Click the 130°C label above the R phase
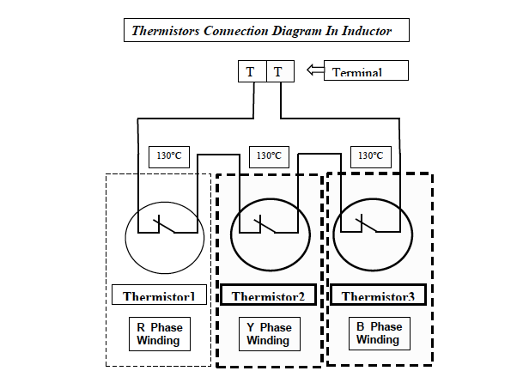coord(168,155)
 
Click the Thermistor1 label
coord(161,296)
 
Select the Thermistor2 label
coord(269,296)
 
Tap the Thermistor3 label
coord(377,296)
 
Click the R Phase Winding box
coord(160,333)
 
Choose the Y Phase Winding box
coord(268,333)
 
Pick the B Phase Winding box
coord(378,333)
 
